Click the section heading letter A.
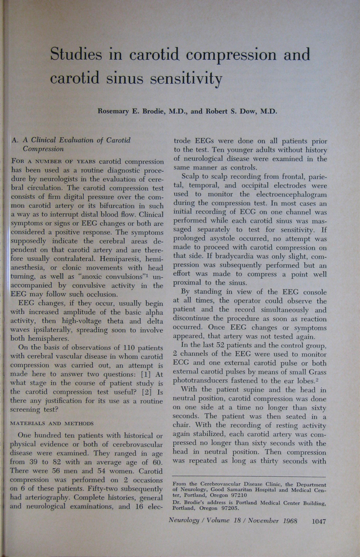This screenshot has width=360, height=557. pos(15,140)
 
